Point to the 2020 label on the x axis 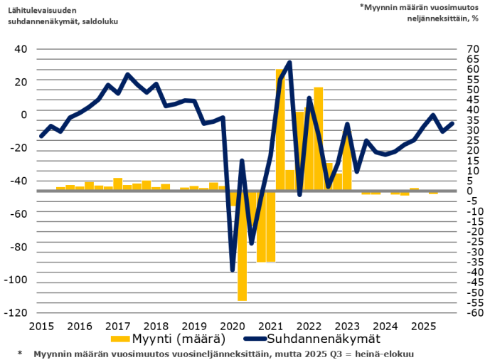pyautogui.click(x=231, y=325)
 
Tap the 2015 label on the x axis pyautogui.click(x=41, y=325)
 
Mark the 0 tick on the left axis pyautogui.click(x=24, y=115)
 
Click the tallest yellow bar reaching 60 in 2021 pyautogui.click(x=280, y=128)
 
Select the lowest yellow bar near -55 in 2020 pyautogui.click(x=242, y=245)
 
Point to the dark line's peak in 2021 pyautogui.click(x=289, y=63)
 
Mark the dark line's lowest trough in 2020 pyautogui.click(x=233, y=270)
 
